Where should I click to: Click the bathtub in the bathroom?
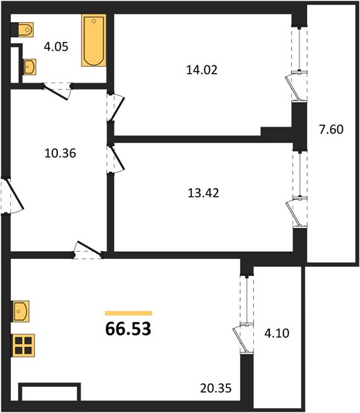pos(94,40)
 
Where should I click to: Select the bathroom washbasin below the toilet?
pos(30,67)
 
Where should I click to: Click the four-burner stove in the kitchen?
pos(23,346)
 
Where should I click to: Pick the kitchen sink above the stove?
pos(21,311)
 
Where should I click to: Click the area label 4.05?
pos(56,47)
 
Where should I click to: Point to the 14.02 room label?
pos(202,70)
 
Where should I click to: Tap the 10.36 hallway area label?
pos(61,153)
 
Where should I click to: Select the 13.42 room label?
pos(203,193)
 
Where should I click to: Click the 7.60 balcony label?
pos(331,129)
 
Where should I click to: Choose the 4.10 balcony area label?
pos(277,333)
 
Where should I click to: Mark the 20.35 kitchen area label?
pos(215,388)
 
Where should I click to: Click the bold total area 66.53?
pos(128,329)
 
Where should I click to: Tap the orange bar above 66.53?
pos(129,313)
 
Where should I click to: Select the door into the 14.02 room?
pos(115,107)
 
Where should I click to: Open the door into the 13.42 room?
pos(115,159)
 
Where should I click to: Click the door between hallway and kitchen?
pos(87,250)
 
